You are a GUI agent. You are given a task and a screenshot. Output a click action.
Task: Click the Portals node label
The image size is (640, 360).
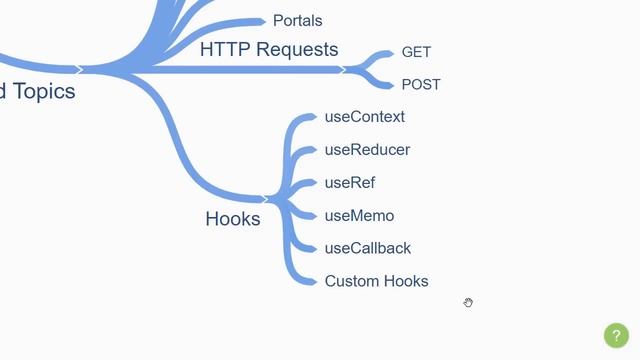click(x=297, y=20)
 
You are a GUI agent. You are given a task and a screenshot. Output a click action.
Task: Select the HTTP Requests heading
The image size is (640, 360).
click(x=269, y=49)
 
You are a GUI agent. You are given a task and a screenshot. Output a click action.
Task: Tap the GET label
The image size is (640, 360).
click(x=416, y=52)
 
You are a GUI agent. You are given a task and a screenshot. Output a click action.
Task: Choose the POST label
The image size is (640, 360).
click(x=421, y=85)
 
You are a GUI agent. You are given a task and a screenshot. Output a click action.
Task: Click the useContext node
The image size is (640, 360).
click(x=365, y=117)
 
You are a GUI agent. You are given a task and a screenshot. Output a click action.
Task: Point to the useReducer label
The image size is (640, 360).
click(x=367, y=150)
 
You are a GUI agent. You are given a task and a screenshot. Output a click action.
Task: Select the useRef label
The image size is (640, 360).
click(x=350, y=183)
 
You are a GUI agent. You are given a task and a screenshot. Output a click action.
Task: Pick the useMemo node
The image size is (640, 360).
click(x=359, y=216)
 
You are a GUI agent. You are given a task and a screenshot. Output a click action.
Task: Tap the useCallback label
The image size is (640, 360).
click(x=368, y=249)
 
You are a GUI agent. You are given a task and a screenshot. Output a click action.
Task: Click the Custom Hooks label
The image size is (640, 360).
click(x=376, y=282)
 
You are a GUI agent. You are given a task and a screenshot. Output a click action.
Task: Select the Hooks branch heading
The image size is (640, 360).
click(x=232, y=219)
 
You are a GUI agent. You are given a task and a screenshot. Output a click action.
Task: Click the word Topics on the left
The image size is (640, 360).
click(x=43, y=92)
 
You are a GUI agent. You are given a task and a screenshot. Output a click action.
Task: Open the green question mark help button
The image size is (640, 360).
click(x=617, y=336)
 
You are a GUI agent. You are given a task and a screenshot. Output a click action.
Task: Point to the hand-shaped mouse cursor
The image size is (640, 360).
click(x=468, y=302)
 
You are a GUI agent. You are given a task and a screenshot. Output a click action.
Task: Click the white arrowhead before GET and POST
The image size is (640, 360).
click(x=343, y=70)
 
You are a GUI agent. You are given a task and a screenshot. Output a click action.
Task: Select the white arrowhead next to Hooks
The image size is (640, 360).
click(x=266, y=199)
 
